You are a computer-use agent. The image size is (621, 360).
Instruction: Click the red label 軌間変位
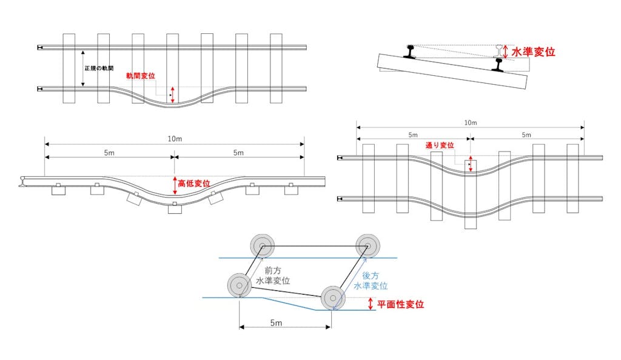coord(141,76)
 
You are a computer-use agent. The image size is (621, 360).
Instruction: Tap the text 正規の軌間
coord(99,68)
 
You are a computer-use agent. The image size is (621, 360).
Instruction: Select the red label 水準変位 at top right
coord(533,52)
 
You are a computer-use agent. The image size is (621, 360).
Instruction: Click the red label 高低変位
coord(193,184)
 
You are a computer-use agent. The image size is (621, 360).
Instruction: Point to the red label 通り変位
coord(440,145)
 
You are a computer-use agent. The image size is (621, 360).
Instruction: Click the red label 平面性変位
coord(400,304)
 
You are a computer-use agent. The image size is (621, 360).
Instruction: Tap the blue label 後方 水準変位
coord(371,281)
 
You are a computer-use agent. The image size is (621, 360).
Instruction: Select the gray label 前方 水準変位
coord(273,276)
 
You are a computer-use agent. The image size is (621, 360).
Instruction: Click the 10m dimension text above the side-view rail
coord(175,139)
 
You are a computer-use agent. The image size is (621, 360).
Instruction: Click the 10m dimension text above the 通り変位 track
coord(471,122)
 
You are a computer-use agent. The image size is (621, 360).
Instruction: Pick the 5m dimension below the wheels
coord(276,323)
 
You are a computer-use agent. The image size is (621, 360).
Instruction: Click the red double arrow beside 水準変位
coord(505,52)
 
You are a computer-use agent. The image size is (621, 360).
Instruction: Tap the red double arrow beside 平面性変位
coord(371,304)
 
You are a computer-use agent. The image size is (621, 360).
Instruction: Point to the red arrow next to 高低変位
coord(175,185)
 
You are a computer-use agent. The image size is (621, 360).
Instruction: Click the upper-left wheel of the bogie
coord(262,246)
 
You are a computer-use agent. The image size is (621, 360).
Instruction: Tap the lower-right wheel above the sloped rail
coord(333,298)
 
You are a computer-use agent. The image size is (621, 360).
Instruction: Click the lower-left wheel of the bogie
coord(240,285)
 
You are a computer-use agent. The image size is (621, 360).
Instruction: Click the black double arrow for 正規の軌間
coord(82,68)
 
